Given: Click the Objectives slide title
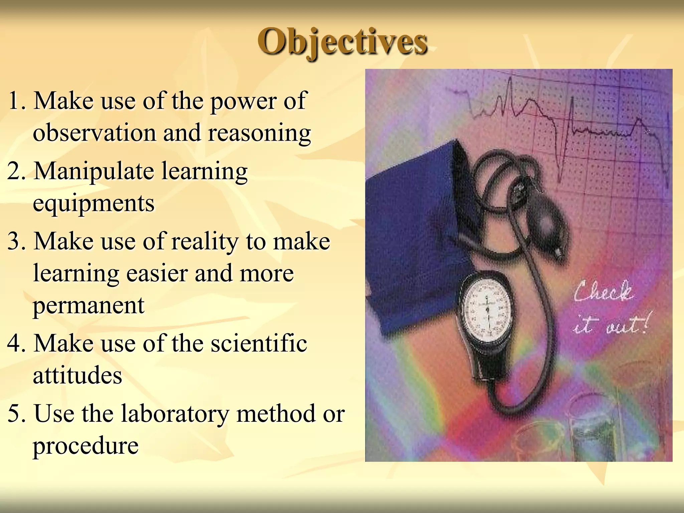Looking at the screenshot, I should (342, 42).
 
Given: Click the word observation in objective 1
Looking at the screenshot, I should (95, 133).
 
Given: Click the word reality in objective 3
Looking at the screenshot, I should (204, 241).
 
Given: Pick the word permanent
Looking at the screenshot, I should (89, 306).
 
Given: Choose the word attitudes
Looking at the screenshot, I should (77, 375).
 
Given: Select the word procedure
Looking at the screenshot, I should (85, 446).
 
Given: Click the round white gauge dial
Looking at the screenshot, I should (487, 309).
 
